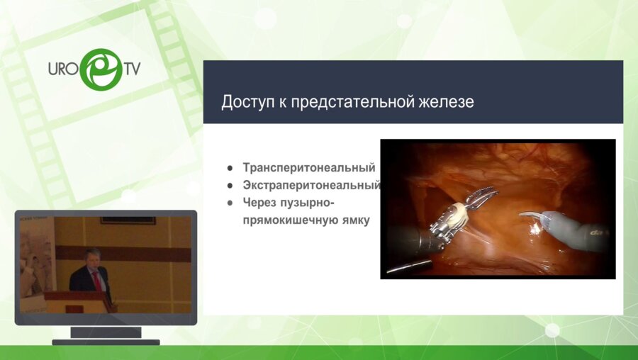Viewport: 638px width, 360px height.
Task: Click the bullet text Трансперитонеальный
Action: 308,168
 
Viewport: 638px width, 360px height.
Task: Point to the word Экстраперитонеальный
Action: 311,186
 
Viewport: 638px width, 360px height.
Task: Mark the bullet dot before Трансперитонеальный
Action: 230,169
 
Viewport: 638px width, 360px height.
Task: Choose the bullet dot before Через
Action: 230,203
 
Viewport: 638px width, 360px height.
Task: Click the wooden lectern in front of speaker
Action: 78,301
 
